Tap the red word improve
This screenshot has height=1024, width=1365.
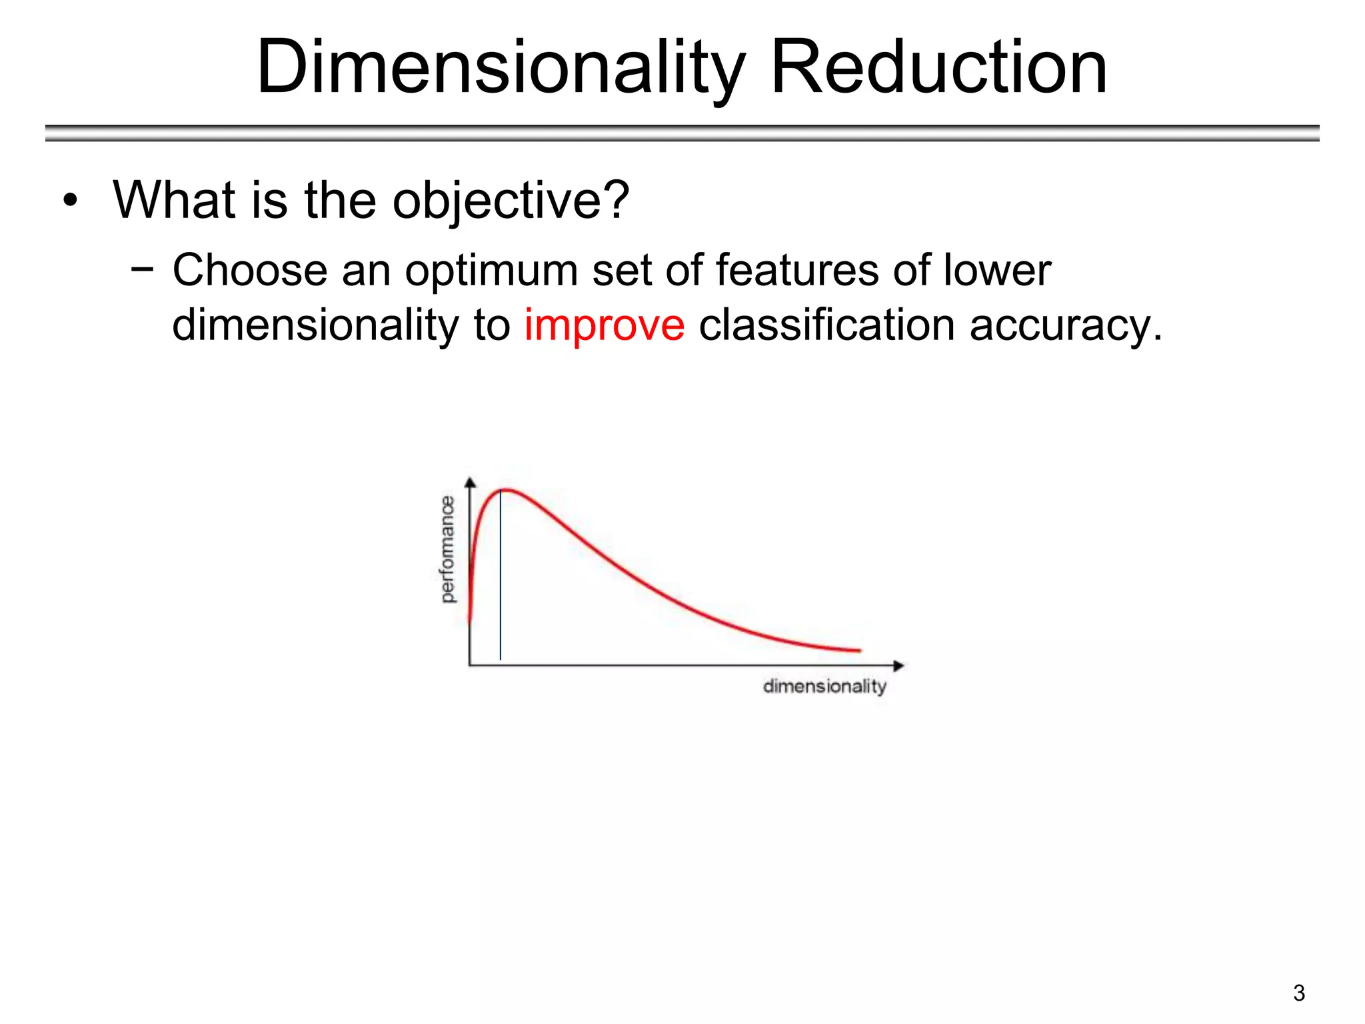point(604,325)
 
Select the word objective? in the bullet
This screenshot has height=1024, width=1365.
point(511,199)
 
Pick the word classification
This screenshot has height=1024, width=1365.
point(826,325)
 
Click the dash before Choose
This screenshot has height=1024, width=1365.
point(142,269)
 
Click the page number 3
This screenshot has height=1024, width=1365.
point(1298,993)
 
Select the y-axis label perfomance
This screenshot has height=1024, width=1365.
point(448,549)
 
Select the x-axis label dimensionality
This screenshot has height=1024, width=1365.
point(824,686)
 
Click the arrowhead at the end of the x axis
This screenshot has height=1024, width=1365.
point(898,665)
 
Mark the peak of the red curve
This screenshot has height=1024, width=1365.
point(507,491)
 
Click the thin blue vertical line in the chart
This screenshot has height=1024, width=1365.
point(501,587)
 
